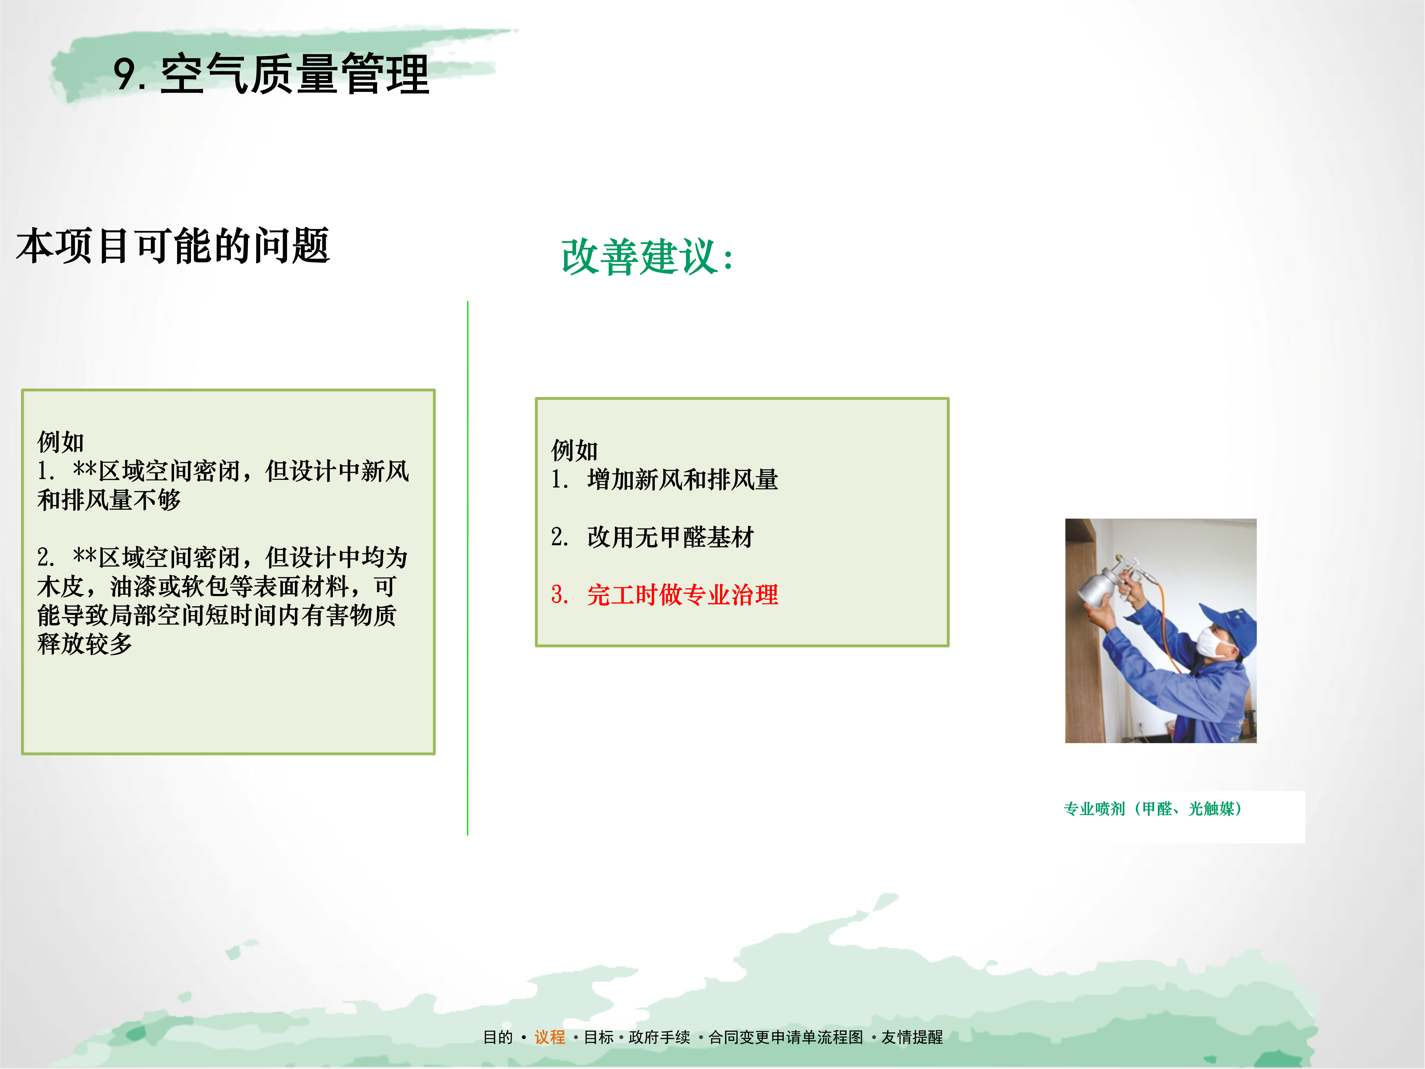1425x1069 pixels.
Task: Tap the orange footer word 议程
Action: point(550,1037)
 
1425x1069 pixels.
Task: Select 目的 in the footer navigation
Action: point(498,1037)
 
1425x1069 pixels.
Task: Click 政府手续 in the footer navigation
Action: point(659,1037)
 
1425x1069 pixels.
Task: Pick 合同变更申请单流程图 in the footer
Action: point(785,1037)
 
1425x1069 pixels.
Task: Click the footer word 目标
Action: point(598,1037)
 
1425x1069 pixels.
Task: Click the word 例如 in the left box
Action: point(60,442)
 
